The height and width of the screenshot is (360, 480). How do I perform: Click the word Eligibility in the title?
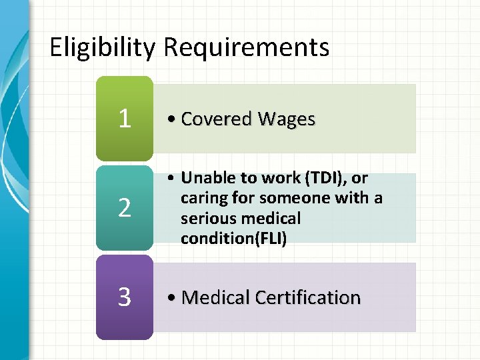point(103,48)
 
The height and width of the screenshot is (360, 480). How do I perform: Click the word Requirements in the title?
point(246,48)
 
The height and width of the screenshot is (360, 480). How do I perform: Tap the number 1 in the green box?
point(125,119)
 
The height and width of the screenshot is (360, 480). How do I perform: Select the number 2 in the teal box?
point(125,209)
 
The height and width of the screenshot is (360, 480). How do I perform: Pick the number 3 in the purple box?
point(125,297)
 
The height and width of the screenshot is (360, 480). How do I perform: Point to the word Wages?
point(287,119)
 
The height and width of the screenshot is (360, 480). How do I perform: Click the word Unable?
point(207,178)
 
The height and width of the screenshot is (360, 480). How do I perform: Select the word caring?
point(201,198)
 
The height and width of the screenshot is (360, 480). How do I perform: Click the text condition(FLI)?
point(233,239)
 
